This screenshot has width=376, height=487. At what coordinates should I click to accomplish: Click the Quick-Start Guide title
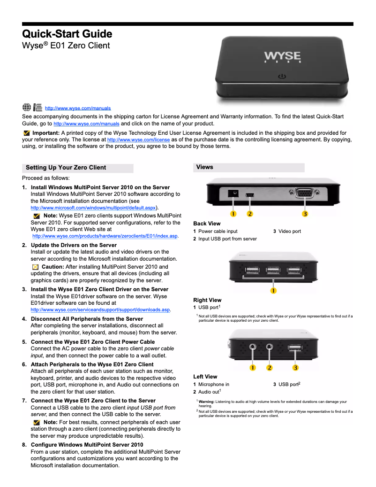click(x=67, y=34)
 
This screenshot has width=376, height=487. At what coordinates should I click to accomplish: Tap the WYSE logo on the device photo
click(x=282, y=56)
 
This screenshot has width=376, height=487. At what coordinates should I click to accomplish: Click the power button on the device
click(x=282, y=75)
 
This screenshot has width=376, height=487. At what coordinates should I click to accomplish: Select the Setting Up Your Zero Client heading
click(x=66, y=168)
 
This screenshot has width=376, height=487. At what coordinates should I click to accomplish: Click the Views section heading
click(x=205, y=167)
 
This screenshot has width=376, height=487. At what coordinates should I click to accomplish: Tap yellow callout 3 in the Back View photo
click(x=305, y=214)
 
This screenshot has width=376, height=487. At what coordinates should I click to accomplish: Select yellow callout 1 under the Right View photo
click(x=273, y=290)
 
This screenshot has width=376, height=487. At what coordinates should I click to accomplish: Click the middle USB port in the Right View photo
click(x=273, y=271)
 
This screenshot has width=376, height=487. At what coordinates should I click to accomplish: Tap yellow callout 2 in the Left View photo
click(x=270, y=367)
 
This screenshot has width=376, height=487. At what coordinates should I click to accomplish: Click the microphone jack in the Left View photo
click(x=253, y=348)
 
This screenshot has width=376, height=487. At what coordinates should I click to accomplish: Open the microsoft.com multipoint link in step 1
click(x=93, y=208)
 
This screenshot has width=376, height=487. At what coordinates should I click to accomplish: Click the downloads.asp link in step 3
click(x=100, y=310)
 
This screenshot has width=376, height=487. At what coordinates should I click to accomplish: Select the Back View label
click(x=207, y=224)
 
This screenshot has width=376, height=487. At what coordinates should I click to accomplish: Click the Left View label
click(x=205, y=377)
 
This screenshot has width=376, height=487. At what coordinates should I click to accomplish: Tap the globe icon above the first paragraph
click(x=27, y=107)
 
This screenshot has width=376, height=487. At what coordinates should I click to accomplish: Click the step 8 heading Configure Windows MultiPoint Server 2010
click(x=87, y=444)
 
